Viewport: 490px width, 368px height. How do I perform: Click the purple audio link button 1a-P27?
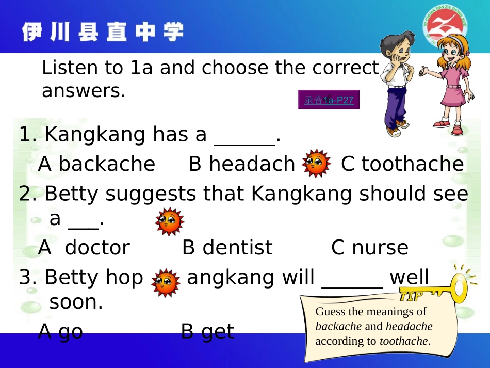click(x=329, y=100)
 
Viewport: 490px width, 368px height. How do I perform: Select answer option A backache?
click(x=96, y=164)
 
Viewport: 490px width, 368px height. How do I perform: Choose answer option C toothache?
click(x=402, y=164)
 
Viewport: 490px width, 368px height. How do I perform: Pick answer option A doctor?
click(x=84, y=248)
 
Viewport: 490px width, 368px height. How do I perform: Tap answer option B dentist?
click(x=227, y=248)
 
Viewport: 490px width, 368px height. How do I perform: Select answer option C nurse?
click(x=369, y=248)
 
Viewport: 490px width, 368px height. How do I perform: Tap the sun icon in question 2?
click(x=170, y=221)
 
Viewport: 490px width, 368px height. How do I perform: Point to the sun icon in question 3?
click(x=166, y=282)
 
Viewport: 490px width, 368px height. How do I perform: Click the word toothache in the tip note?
click(x=403, y=341)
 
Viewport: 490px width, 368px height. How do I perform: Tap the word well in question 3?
click(x=409, y=278)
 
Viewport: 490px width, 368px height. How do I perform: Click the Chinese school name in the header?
click(x=103, y=32)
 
